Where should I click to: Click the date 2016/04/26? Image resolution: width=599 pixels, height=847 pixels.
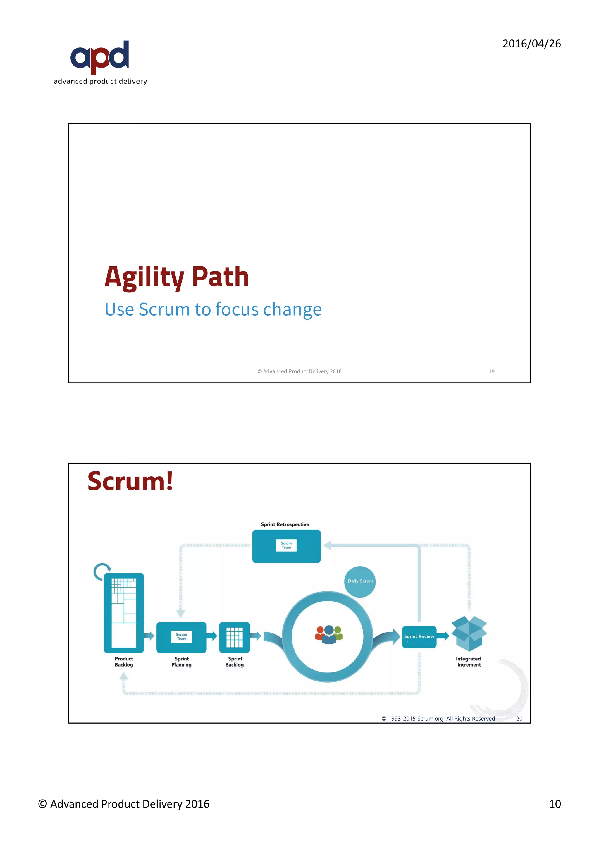tap(531, 44)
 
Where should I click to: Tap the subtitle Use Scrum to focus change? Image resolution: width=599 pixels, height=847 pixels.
tap(213, 309)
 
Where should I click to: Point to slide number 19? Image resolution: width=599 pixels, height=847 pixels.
tap(491, 371)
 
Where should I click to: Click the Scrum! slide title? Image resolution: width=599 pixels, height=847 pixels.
tap(130, 481)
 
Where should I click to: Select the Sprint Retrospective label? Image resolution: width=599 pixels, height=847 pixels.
tap(285, 524)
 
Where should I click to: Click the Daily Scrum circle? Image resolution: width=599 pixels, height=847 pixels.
tap(360, 581)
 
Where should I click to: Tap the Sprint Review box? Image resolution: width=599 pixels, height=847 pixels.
tap(419, 636)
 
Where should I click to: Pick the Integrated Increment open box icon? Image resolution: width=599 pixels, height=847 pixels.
tap(469, 633)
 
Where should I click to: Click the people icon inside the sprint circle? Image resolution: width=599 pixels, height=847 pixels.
tap(329, 634)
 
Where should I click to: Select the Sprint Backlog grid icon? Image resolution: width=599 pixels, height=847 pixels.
tap(235, 637)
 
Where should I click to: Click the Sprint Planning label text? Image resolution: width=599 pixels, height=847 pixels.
tap(181, 662)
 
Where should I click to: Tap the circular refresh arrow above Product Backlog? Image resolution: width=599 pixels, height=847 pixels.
tap(101, 571)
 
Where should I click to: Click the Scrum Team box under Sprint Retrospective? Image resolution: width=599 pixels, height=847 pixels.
tap(286, 546)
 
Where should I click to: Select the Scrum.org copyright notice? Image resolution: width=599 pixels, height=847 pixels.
tap(438, 719)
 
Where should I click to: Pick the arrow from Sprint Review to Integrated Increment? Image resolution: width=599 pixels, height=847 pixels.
tap(443, 636)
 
